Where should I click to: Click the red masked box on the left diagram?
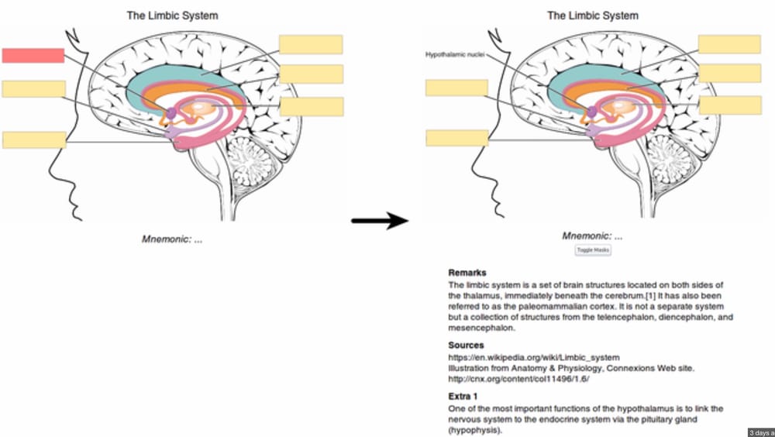(33, 55)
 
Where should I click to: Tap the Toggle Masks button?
(593, 250)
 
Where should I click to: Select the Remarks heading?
(467, 273)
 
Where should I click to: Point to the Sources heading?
(466, 345)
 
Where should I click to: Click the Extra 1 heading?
(463, 396)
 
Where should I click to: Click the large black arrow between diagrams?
(380, 222)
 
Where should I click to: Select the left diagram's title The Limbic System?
(171, 15)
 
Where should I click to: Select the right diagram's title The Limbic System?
(593, 15)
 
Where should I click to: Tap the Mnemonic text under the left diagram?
(171, 239)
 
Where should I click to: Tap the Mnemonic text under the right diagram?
(592, 236)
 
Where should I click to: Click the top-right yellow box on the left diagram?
(311, 44)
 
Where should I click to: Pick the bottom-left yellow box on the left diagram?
(34, 140)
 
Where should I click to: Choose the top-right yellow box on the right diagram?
(729, 44)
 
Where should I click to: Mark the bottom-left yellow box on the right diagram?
(457, 138)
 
